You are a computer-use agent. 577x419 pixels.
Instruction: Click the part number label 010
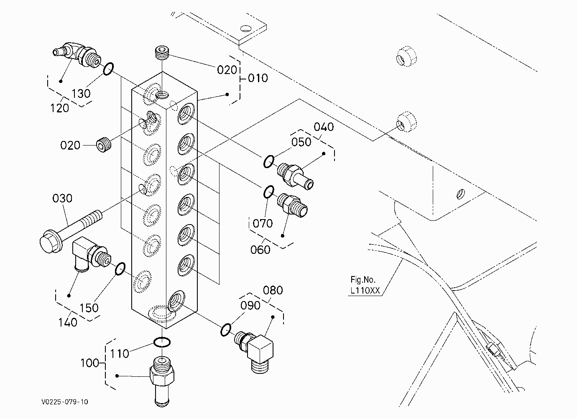pyautogui.click(x=258, y=78)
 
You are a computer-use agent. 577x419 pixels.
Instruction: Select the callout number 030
pyautogui.click(x=62, y=198)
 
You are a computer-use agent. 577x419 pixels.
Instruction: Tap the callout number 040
pyautogui.click(x=324, y=127)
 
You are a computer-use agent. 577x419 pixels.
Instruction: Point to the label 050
pyautogui.click(x=301, y=142)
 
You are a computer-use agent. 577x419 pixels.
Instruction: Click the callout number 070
pyautogui.click(x=263, y=223)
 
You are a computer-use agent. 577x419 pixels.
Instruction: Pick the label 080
pyautogui.click(x=273, y=290)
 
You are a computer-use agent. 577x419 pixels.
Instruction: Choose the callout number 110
pyautogui.click(x=120, y=353)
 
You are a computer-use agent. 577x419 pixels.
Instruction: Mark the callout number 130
pyautogui.click(x=81, y=94)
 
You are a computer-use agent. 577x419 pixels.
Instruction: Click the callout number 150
pyautogui.click(x=89, y=308)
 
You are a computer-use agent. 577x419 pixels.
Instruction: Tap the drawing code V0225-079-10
pyautogui.click(x=65, y=402)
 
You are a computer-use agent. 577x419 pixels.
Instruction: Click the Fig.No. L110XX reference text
pyautogui.click(x=365, y=285)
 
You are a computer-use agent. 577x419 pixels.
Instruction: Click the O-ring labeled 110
pyautogui.click(x=162, y=342)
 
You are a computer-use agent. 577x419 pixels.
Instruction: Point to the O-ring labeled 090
pyautogui.click(x=226, y=330)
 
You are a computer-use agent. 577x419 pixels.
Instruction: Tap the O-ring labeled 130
pyautogui.click(x=108, y=69)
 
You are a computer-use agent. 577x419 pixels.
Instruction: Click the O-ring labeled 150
pyautogui.click(x=120, y=269)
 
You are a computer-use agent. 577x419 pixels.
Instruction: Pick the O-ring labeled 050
pyautogui.click(x=269, y=161)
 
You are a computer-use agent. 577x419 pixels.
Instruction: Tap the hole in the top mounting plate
pyautogui.click(x=246, y=28)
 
